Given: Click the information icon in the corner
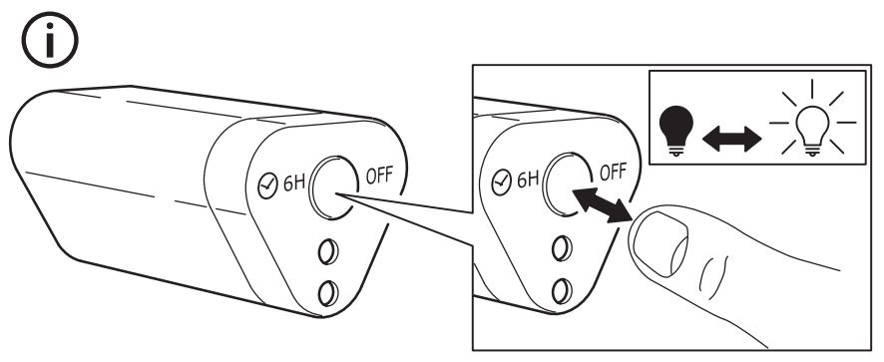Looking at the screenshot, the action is click(50, 40).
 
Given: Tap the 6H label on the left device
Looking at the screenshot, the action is click(293, 182).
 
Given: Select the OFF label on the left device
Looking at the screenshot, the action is click(379, 176).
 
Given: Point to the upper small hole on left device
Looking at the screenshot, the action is click(328, 251).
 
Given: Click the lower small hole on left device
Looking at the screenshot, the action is click(328, 293).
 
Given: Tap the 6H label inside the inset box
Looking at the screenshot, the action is click(528, 180).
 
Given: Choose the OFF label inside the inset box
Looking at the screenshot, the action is click(613, 172).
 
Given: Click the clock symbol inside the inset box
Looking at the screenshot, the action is click(502, 183).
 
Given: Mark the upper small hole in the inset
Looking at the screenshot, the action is click(562, 248).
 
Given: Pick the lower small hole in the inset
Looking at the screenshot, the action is click(562, 290).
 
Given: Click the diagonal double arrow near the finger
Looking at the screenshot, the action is click(602, 205).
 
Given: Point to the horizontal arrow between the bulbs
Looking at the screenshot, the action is click(732, 139).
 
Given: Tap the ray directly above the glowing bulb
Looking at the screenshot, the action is click(812, 89).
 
